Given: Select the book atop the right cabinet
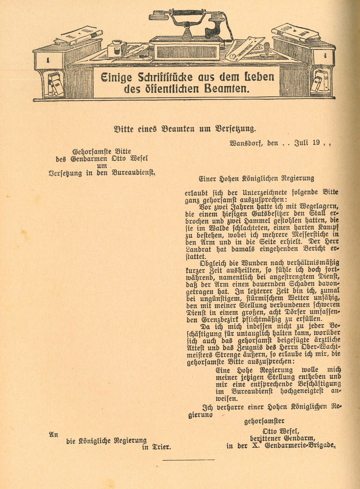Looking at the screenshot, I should (x=296, y=32).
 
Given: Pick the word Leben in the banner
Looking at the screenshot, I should (x=255, y=77).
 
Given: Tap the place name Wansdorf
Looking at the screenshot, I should (x=245, y=143).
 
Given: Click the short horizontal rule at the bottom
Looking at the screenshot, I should (x=181, y=461).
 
